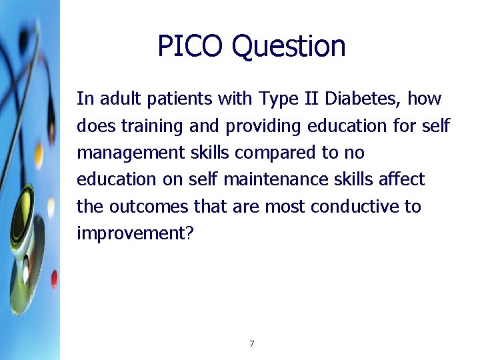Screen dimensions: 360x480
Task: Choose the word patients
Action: pos(175,99)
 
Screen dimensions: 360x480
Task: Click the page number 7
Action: pos(251,344)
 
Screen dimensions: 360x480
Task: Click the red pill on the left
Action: pos(54,278)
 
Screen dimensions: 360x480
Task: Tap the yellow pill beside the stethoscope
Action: pos(39,155)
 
